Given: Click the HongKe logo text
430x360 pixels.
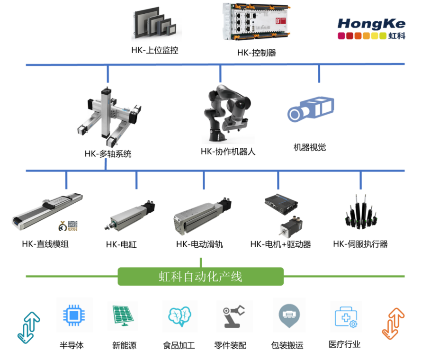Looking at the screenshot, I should [x=371, y=24].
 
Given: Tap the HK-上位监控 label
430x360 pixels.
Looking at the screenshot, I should [x=155, y=50].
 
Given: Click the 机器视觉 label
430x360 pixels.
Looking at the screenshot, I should [x=310, y=147].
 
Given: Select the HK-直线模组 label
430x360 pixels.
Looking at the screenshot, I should [x=45, y=244].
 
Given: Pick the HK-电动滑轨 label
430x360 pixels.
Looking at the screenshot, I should [x=199, y=244].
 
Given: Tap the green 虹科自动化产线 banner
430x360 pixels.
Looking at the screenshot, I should [x=200, y=277].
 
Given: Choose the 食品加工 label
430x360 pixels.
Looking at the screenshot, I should [x=179, y=345].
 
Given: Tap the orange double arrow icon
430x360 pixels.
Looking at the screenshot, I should [x=393, y=323].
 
